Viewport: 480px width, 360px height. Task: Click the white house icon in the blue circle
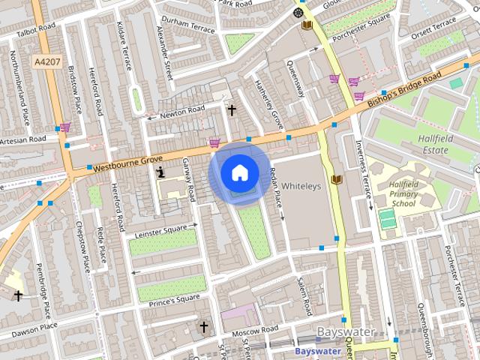[x=239, y=173]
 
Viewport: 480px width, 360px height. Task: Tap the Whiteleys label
[x=301, y=185]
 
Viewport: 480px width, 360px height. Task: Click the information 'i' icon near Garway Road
[x=160, y=172]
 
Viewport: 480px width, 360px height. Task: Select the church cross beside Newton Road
[x=232, y=111]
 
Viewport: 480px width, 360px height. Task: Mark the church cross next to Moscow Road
[x=203, y=327]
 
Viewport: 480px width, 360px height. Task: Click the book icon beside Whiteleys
[x=337, y=179]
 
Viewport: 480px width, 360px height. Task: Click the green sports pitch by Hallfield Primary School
[x=387, y=220]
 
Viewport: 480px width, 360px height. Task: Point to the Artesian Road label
[x=23, y=139]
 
